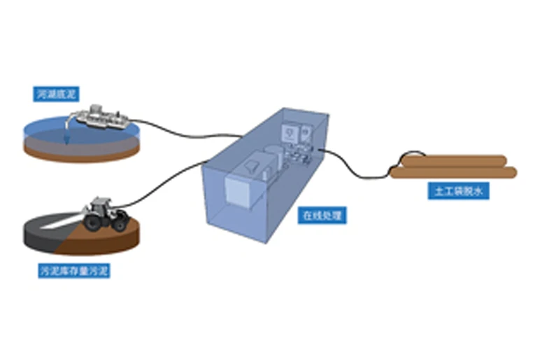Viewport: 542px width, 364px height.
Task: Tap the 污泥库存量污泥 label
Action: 74,269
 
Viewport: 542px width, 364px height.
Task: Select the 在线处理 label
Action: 323,216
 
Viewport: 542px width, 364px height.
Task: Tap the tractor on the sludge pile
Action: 105,214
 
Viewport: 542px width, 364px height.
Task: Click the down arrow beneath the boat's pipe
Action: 67,140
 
